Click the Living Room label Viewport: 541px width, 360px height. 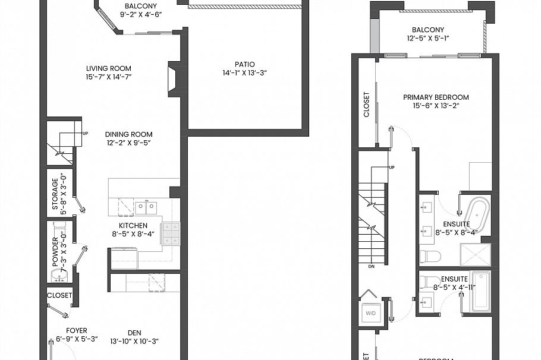(108, 68)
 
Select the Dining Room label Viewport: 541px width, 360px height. (129, 134)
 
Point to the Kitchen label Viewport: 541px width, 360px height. (133, 226)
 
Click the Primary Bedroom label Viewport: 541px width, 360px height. (436, 97)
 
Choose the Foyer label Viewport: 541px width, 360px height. (77, 331)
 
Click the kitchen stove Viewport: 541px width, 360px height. (171, 233)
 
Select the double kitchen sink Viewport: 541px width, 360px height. (145, 207)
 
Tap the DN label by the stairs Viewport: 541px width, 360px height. (372, 267)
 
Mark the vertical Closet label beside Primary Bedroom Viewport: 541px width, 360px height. (366, 104)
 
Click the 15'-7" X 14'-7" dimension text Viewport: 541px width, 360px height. (108, 77)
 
